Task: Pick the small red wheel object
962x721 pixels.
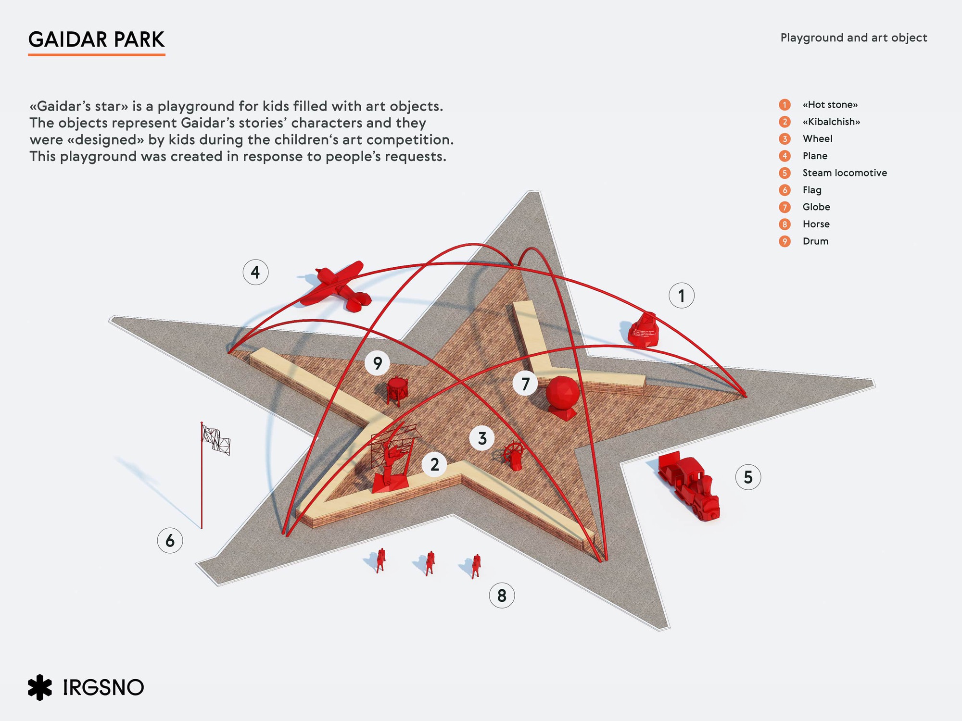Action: point(513,456)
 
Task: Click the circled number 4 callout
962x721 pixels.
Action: point(255,273)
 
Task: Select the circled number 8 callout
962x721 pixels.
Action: point(502,596)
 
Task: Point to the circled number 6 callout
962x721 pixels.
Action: point(170,540)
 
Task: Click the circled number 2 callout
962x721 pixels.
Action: point(435,464)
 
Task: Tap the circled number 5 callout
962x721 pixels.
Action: point(748,477)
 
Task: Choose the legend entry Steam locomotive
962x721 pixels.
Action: point(845,173)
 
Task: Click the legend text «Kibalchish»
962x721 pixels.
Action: point(831,122)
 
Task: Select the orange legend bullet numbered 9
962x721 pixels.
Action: point(785,241)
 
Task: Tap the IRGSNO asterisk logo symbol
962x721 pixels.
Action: point(39,687)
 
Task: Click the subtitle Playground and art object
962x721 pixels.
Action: point(854,38)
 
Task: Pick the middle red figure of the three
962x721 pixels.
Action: point(430,563)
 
